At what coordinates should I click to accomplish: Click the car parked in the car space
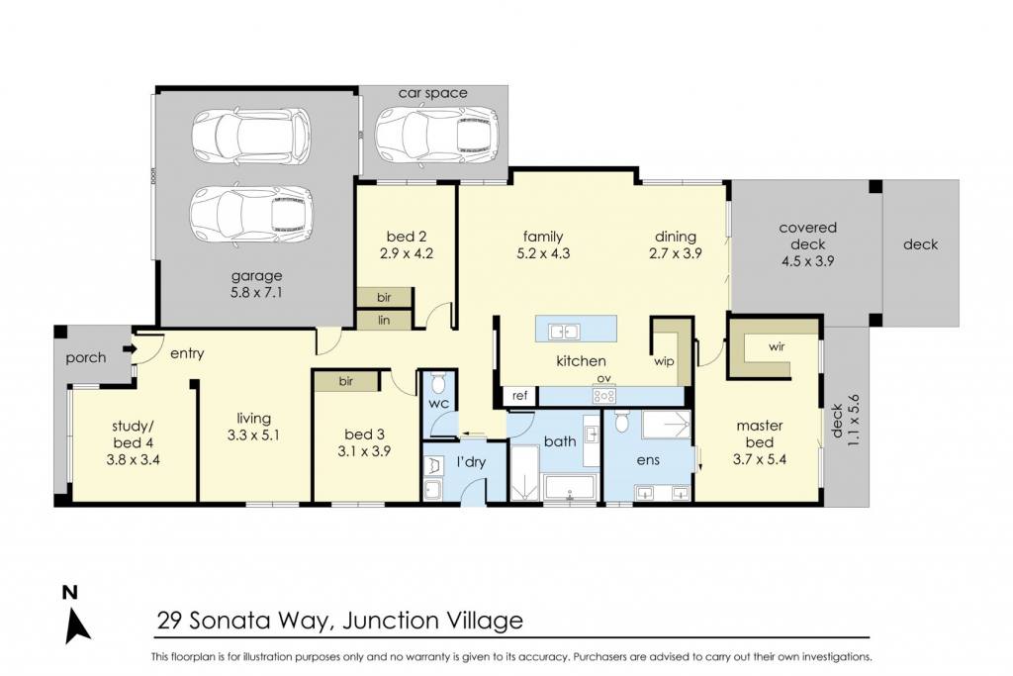point(436,136)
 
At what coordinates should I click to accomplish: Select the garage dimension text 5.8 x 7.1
point(256,293)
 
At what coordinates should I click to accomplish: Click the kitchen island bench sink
point(563,333)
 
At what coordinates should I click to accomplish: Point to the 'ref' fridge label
point(519,396)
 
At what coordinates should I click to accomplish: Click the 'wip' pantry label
point(664,362)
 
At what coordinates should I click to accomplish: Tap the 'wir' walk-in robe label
point(777,346)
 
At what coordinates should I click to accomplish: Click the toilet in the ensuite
point(621,422)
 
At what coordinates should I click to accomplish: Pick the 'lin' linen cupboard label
point(384,320)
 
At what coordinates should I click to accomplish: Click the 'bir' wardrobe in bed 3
point(345,381)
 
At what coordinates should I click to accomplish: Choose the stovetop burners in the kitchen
point(604,395)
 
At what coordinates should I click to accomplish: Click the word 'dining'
point(675,237)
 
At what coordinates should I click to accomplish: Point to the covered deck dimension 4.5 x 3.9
point(807,261)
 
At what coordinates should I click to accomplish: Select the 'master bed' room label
point(760,434)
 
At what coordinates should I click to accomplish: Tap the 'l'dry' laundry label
point(471,463)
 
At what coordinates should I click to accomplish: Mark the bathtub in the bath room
point(569,487)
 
